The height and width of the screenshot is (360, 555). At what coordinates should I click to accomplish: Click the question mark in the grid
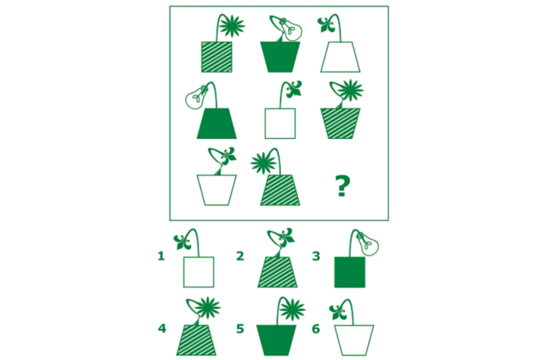pos(342,186)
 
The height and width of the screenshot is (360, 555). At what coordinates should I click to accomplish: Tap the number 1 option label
pos(161,256)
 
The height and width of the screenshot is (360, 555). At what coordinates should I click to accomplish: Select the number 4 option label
pos(162,328)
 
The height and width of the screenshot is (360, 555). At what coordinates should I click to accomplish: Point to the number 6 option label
pos(316,329)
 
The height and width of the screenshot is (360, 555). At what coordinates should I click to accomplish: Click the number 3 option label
pos(316,256)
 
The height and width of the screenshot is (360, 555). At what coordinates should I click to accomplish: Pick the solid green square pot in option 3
pos(349,272)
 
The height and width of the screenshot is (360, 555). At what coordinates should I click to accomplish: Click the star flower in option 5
pos(292,309)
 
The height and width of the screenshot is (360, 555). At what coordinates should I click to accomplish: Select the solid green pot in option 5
pos(276,340)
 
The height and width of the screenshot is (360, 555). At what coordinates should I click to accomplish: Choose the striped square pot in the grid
pos(216,57)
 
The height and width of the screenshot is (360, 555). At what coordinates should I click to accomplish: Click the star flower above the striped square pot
pos(232,26)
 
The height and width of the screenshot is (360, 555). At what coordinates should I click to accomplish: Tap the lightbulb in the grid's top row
pos(291,29)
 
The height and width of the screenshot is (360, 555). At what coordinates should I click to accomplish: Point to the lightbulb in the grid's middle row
pos(196,96)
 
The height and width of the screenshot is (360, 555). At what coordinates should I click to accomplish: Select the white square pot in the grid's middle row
pos(280,123)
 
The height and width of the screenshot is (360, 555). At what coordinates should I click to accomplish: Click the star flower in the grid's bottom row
pos(264,162)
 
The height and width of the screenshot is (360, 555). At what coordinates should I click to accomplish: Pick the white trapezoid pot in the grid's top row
pos(340,57)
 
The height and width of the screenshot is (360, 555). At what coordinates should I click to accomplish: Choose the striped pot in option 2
pos(277,272)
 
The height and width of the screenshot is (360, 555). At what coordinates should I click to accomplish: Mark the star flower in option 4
pos(208,308)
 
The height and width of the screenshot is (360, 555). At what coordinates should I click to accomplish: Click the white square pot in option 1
pos(198,272)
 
